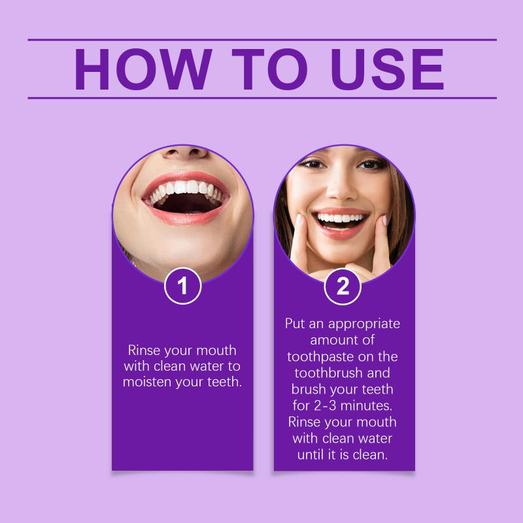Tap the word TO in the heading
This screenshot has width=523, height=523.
pyautogui.click(x=269, y=69)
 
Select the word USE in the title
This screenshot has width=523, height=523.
pyautogui.click(x=387, y=69)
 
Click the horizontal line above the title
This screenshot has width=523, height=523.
pyautogui.click(x=262, y=40)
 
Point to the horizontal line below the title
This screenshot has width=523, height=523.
pyautogui.click(x=262, y=98)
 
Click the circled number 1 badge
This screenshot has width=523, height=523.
pyautogui.click(x=182, y=286)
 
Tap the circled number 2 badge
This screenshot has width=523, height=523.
pyautogui.click(x=343, y=286)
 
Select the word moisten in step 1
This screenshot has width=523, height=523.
pyautogui.click(x=147, y=382)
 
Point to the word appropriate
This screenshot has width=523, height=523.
pyautogui.click(x=364, y=324)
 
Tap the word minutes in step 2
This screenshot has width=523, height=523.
pyautogui.click(x=366, y=405)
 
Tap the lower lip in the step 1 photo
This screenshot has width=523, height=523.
pyautogui.click(x=186, y=218)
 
